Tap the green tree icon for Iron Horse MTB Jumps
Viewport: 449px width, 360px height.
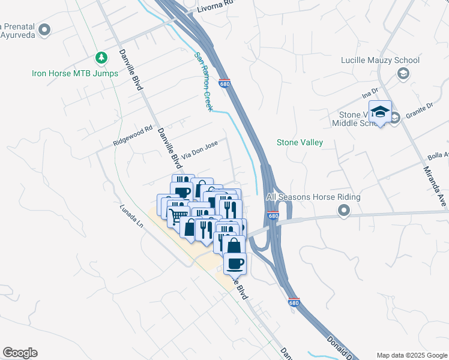click(x=101, y=58)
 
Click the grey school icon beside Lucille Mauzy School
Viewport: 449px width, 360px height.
click(x=403, y=73)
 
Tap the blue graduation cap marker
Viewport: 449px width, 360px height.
click(x=380, y=112)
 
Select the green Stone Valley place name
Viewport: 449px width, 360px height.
click(x=300, y=142)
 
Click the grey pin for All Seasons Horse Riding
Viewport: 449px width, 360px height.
click(x=343, y=210)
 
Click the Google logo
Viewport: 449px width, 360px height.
click(x=20, y=353)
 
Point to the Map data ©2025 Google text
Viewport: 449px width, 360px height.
click(x=411, y=355)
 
